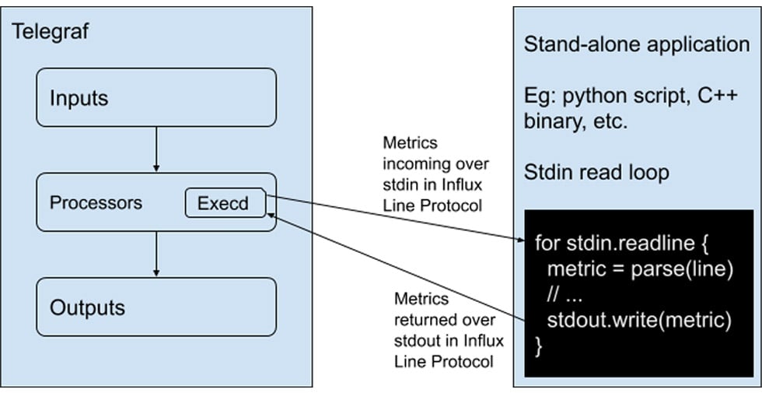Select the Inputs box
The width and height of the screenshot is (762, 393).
pyautogui.click(x=156, y=97)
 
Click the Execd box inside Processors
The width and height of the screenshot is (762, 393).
pyautogui.click(x=223, y=204)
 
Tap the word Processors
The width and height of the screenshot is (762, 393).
pyautogui.click(x=96, y=203)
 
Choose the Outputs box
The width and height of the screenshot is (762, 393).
pyautogui.click(x=156, y=307)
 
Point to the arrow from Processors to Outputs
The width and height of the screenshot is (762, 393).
pyautogui.click(x=156, y=254)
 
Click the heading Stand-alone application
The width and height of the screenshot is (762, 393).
pyautogui.click(x=636, y=44)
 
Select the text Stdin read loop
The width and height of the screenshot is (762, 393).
pyautogui.click(x=596, y=171)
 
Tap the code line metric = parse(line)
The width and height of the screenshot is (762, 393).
pyautogui.click(x=641, y=269)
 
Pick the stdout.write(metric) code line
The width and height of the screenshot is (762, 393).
pyautogui.click(x=639, y=320)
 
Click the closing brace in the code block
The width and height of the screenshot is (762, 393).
pyautogui.click(x=539, y=345)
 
